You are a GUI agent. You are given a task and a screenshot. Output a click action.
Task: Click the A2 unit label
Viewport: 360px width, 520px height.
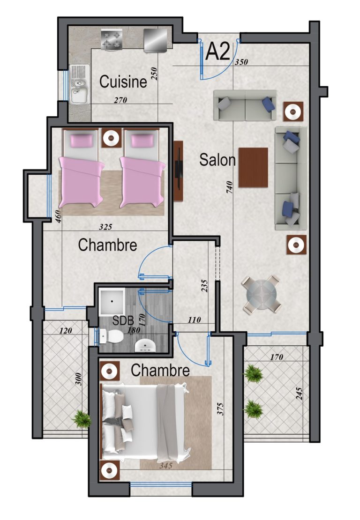[217, 52]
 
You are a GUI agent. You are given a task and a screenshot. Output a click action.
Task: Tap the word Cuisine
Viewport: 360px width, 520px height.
[123, 82]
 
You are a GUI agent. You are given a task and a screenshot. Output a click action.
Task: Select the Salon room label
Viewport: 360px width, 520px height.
[217, 160]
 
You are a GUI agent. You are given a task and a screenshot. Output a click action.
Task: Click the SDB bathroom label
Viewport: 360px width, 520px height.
[123, 321]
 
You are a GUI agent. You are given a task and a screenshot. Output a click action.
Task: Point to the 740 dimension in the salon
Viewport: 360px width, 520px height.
[230, 187]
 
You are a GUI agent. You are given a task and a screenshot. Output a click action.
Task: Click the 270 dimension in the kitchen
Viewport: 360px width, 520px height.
[120, 100]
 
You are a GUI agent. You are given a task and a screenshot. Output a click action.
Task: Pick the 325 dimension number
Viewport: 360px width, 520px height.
[105, 227]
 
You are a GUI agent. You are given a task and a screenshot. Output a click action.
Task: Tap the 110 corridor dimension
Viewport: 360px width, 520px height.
[194, 320]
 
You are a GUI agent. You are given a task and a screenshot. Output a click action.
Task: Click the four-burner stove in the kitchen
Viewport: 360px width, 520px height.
[112, 40]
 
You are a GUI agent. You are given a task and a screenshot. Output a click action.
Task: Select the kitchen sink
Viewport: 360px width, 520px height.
[78, 84]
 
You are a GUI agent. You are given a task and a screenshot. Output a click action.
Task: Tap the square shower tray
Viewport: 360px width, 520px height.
[112, 301]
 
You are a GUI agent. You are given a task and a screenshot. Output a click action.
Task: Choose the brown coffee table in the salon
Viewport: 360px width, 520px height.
[253, 167]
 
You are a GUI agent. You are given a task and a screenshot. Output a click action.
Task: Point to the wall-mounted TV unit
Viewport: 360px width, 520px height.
[179, 171]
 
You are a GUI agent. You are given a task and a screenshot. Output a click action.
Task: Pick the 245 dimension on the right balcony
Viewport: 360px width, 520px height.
[299, 394]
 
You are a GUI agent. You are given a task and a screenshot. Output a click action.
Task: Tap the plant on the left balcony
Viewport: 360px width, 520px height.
[82, 418]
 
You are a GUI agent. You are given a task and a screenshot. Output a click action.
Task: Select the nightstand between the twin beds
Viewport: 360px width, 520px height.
[111, 137]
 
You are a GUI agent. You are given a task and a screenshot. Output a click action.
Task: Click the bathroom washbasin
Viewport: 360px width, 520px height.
[145, 346]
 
